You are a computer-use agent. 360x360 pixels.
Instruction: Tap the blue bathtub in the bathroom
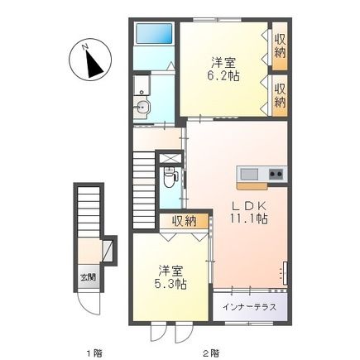[154, 34]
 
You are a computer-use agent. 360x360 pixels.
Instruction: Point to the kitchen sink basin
[249, 174]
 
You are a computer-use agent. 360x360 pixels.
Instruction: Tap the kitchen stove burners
[275, 174]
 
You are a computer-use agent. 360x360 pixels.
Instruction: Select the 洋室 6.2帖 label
[222, 68]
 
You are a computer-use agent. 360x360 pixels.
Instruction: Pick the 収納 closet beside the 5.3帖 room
[185, 220]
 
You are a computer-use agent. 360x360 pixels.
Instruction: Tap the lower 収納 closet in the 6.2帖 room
[280, 95]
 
